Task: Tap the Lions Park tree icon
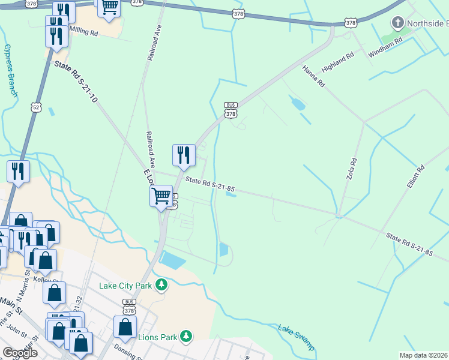click(186, 337)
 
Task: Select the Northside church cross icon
click(397, 24)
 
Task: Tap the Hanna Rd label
click(313, 76)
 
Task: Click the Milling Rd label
click(83, 31)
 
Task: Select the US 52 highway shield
click(37, 107)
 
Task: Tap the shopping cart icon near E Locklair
click(161, 196)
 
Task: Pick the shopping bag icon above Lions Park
click(125, 327)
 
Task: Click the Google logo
click(20, 353)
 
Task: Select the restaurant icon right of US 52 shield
click(19, 172)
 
